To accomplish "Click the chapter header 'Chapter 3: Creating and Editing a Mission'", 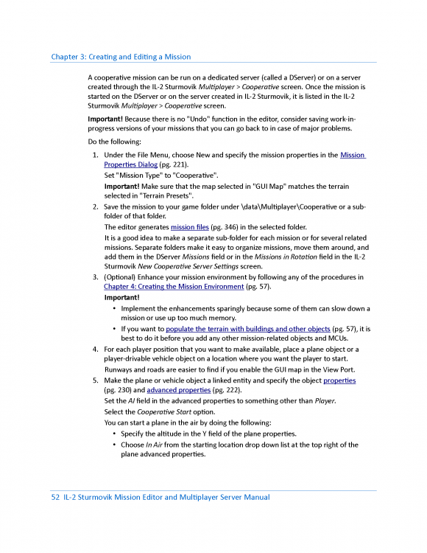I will coord(121,57).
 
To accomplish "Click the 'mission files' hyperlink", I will coord(189,227).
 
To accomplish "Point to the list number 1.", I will coord(95,155).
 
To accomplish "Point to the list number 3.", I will coord(95,277).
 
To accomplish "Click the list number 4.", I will coord(95,349).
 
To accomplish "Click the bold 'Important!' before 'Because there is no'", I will coord(105,119).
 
